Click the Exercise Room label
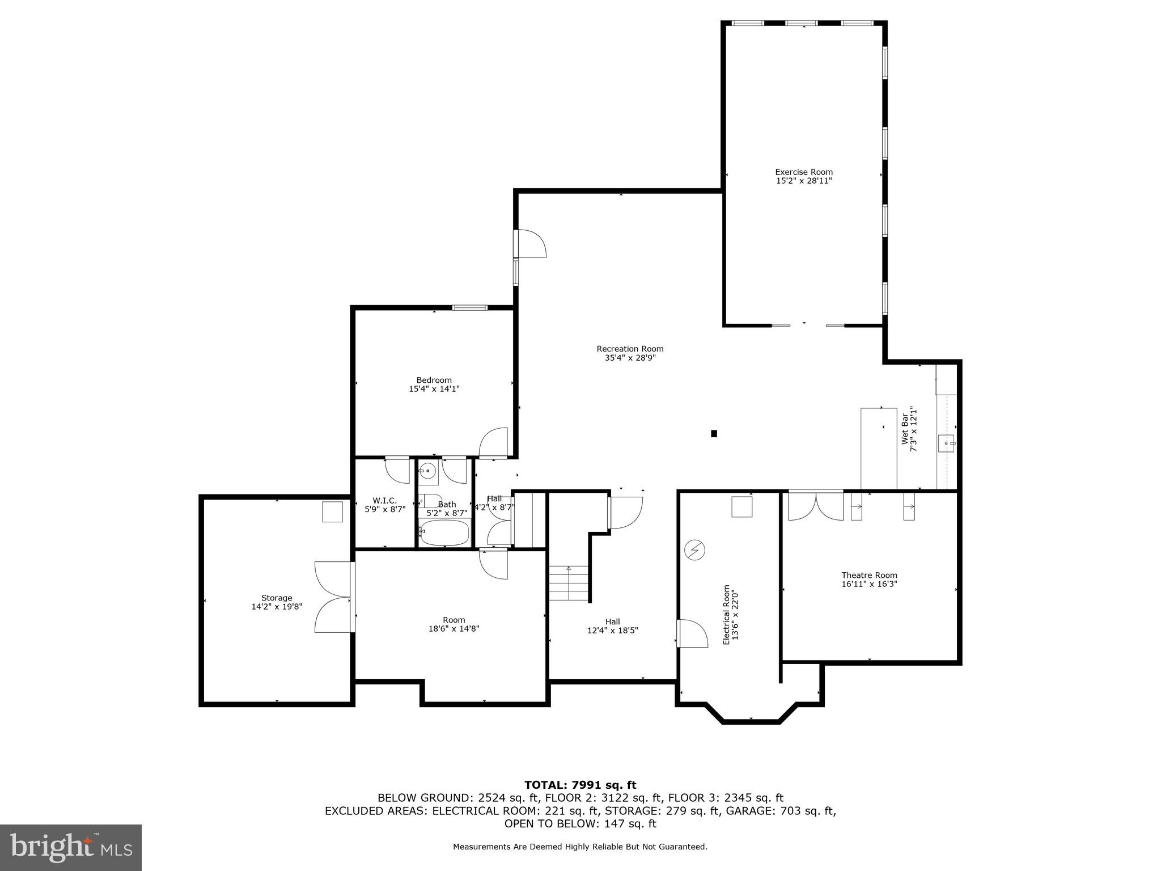(x=803, y=172)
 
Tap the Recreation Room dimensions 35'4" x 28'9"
(x=630, y=358)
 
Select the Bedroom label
(x=434, y=380)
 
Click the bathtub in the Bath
(x=445, y=532)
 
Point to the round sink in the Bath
(x=429, y=471)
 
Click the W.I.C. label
(x=384, y=500)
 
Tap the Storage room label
(x=277, y=598)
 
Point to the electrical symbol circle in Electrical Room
(x=695, y=550)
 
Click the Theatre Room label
(x=869, y=575)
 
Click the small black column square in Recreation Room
(x=714, y=434)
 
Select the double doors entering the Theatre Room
(x=815, y=506)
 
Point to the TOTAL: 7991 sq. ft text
(x=580, y=785)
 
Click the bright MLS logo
(x=71, y=847)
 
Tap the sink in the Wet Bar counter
(x=946, y=443)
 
